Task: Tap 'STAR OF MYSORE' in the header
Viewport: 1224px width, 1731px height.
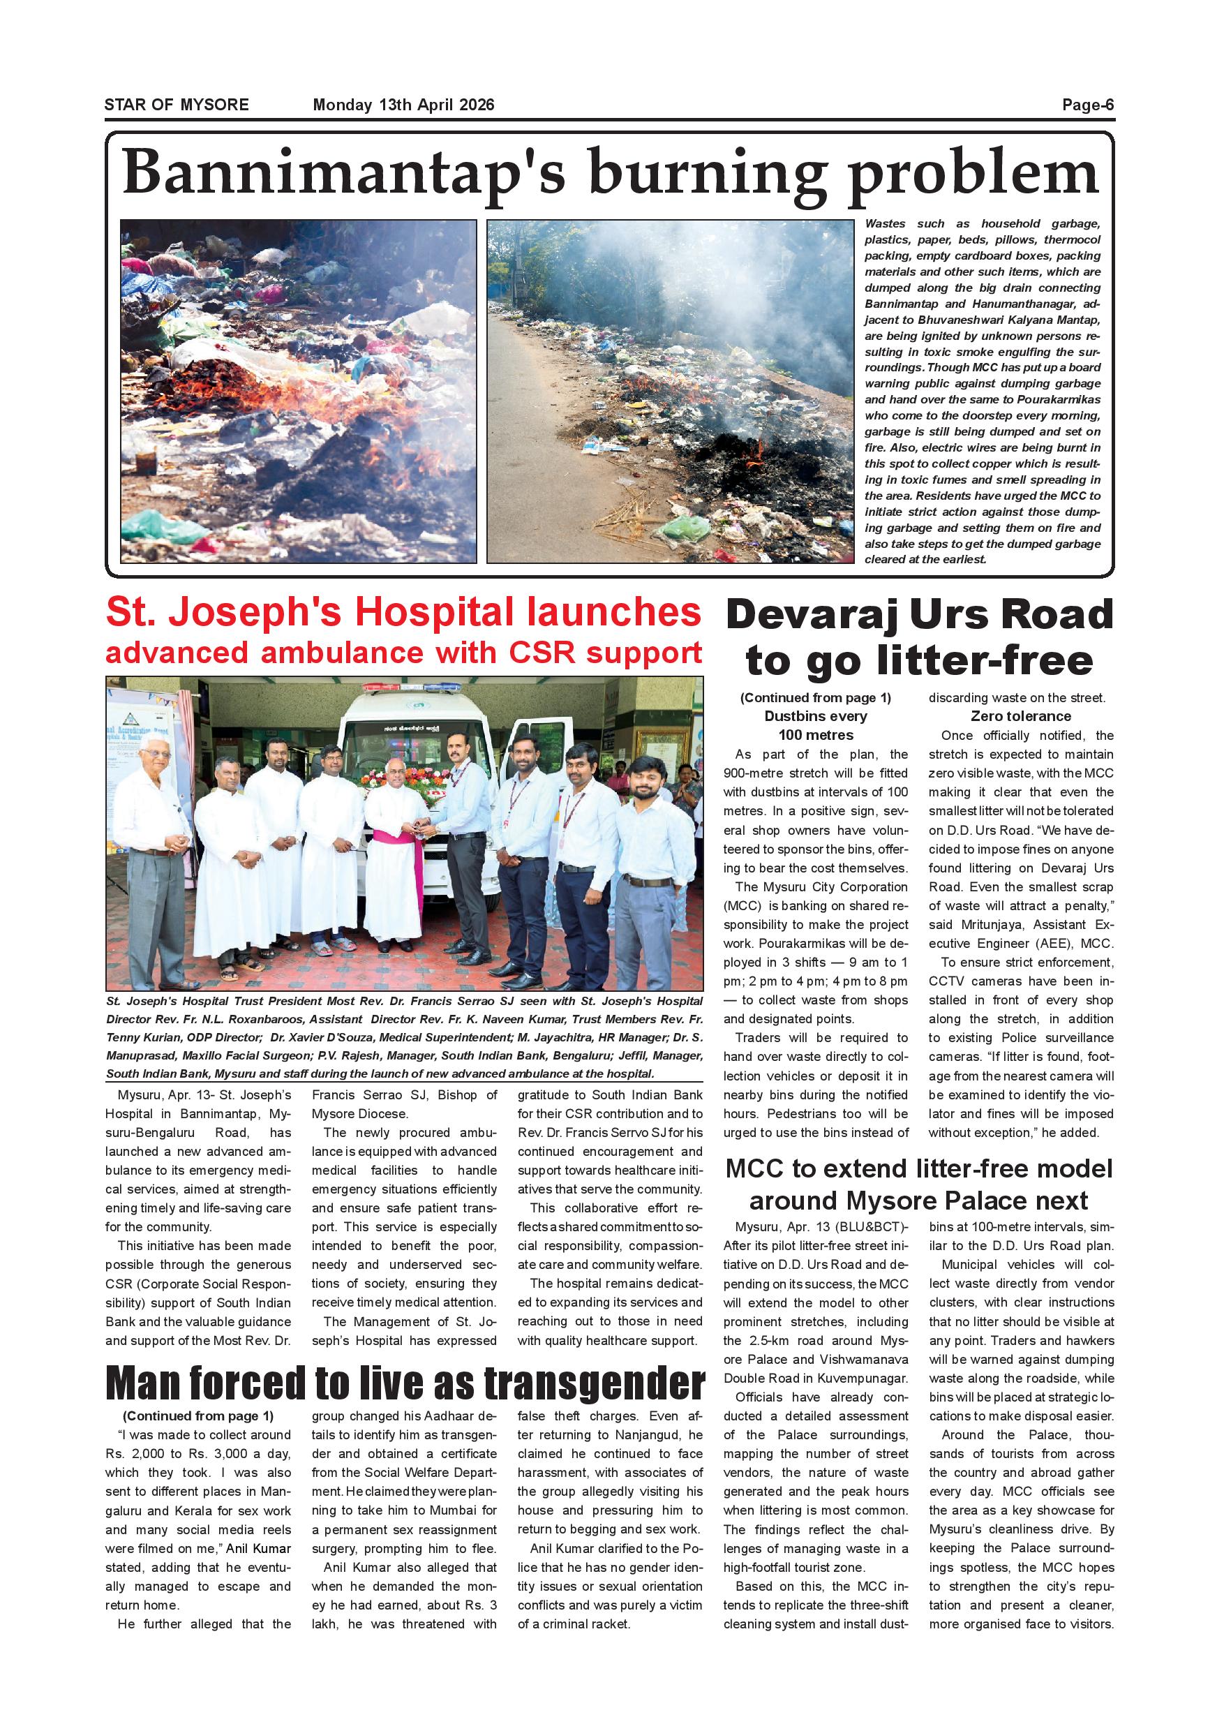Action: click(177, 105)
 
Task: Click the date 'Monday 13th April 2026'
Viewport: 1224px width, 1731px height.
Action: click(403, 105)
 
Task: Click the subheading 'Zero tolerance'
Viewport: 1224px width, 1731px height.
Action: click(1020, 716)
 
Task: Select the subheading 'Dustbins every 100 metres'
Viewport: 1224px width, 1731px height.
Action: click(816, 725)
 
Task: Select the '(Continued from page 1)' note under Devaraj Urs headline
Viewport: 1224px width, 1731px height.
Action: click(816, 697)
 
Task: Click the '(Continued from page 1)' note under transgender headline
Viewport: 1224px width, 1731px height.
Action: click(197, 1416)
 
